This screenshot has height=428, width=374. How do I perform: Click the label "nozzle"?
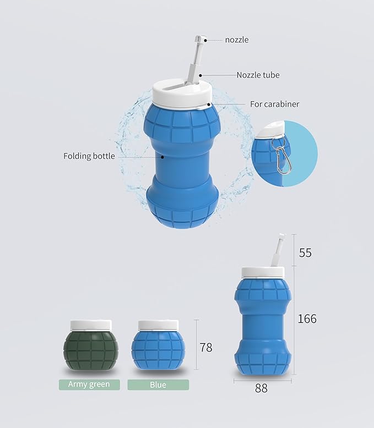[x=237, y=40]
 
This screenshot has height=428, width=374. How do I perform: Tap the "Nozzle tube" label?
[x=258, y=75]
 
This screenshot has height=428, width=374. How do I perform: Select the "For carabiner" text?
[x=274, y=104]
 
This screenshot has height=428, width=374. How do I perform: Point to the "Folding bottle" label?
[x=89, y=156]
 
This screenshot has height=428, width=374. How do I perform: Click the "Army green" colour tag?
[x=89, y=385]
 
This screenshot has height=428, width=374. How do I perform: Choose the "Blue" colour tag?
[x=158, y=385]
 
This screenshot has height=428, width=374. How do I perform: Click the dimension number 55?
[x=305, y=253]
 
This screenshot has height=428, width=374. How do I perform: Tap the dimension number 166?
[x=307, y=319]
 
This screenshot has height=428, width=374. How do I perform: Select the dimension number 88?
[x=261, y=388]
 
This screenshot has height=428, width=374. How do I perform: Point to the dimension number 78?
[x=206, y=348]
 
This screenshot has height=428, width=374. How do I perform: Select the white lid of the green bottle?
[x=90, y=326]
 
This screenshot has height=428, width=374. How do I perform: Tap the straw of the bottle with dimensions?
[x=279, y=252]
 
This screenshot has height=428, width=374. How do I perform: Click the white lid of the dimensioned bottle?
[x=263, y=272]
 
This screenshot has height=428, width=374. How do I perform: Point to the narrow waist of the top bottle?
[x=182, y=160]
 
